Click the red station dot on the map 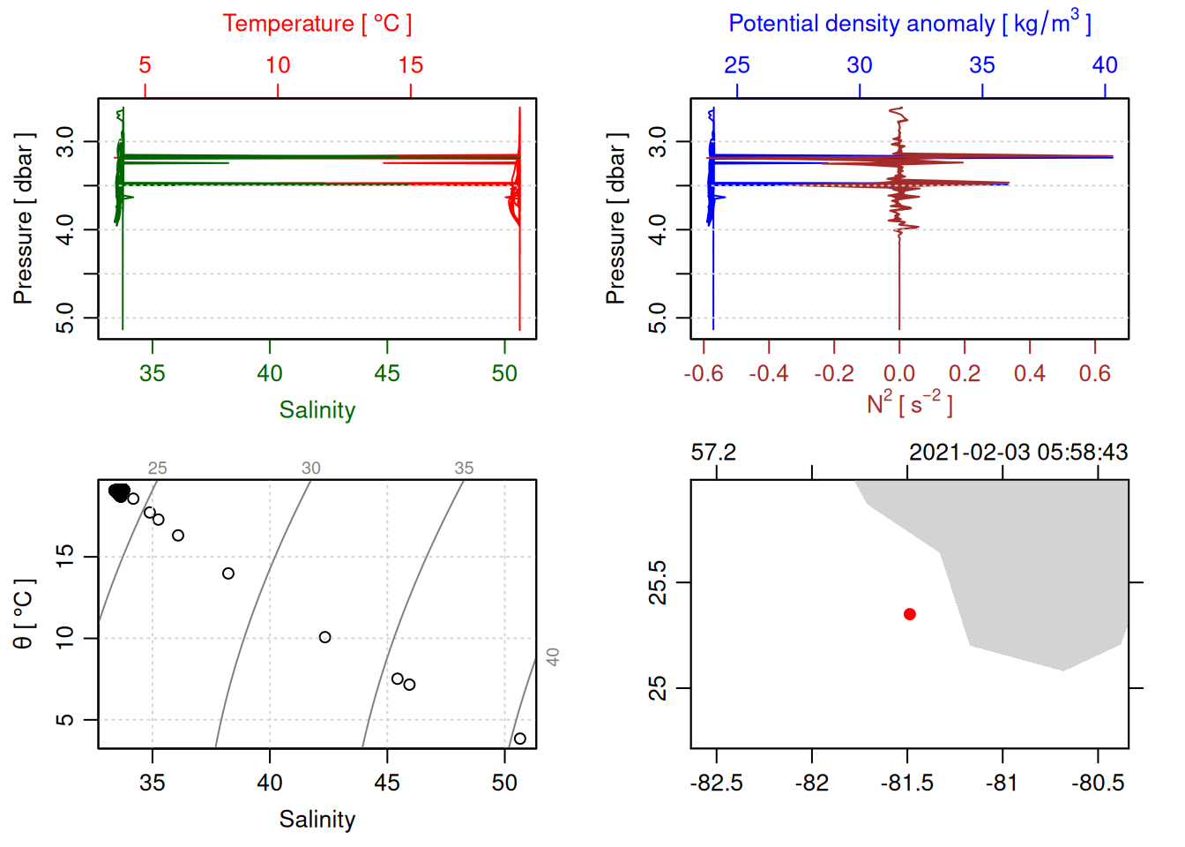(909, 614)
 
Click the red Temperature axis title (317, 24)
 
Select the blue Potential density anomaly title (909, 24)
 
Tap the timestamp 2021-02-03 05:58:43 (1018, 453)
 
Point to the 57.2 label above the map (713, 453)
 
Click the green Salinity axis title (317, 410)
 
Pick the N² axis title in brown (909, 403)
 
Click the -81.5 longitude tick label (906, 783)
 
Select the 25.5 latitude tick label (658, 582)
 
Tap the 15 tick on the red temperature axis (410, 65)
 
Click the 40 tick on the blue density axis (1105, 65)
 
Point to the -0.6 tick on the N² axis (704, 374)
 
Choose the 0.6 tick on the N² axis (1094, 374)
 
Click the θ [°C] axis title (24, 614)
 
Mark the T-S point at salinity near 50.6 (519, 738)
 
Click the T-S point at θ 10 (324, 637)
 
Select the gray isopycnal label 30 (310, 468)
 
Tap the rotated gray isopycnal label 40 (553, 657)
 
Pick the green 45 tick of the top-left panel (387, 374)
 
